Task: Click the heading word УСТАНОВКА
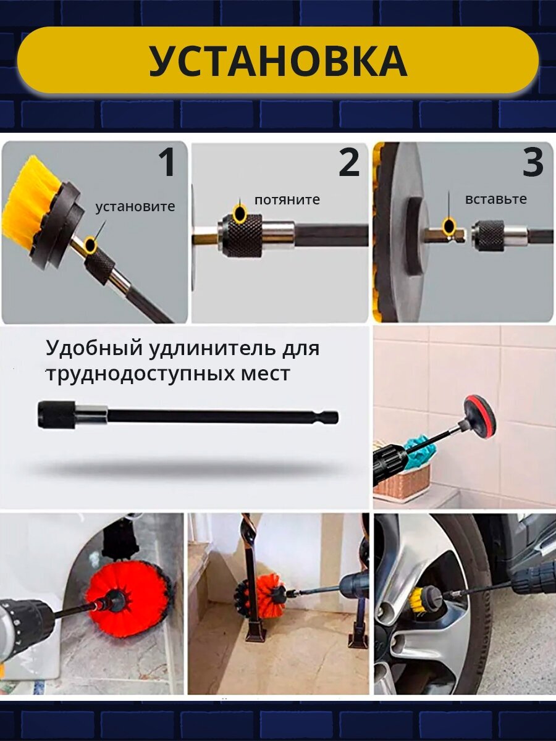278,61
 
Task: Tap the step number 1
167,162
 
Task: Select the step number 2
348,162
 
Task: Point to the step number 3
533,162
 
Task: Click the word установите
135,207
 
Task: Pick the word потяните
287,199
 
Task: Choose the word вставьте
495,199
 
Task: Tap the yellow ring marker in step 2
240,214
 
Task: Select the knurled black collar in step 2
243,236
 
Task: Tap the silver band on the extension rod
90,414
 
